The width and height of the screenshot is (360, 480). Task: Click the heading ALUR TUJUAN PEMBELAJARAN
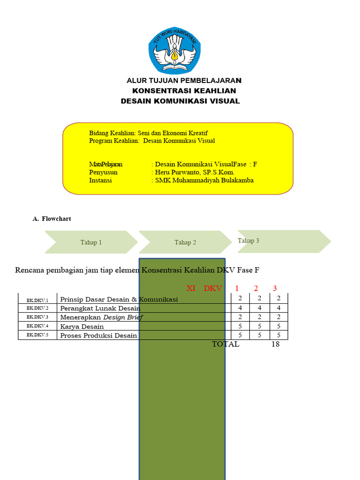tap(184, 81)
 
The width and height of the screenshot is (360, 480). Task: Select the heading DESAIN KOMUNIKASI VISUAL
tap(180, 101)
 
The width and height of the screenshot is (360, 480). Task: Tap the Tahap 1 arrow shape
tap(91, 242)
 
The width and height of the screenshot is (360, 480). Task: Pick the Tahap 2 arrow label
tap(185, 242)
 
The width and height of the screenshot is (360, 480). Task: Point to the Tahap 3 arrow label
tap(248, 240)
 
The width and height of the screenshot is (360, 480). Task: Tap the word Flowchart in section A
tap(56, 218)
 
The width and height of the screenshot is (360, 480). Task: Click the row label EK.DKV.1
tap(37, 300)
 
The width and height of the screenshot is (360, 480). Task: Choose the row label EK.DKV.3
tap(37, 317)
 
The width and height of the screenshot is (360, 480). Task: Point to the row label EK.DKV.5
tap(37, 335)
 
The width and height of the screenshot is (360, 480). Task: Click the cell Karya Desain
tap(82, 326)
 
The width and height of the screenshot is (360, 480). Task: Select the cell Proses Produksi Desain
tap(98, 335)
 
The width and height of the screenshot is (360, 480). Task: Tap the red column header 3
tap(275, 288)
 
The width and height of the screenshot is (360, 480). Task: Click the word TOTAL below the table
tap(225, 344)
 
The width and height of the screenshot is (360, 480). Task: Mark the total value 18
tap(276, 344)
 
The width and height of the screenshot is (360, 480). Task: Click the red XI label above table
tap(191, 288)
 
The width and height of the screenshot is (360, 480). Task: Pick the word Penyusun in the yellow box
tap(103, 172)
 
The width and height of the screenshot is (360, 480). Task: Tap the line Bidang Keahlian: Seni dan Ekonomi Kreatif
tap(148, 133)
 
